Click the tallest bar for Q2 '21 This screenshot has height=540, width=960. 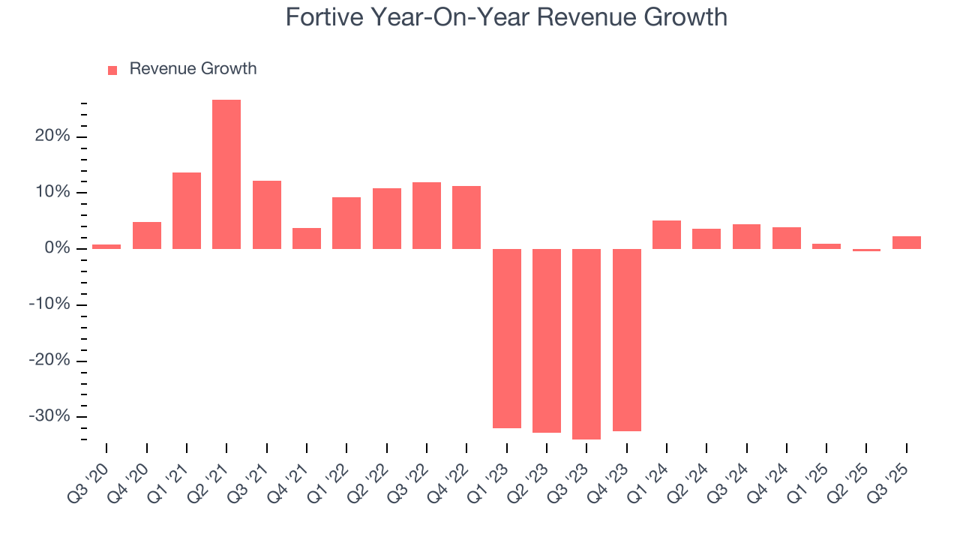click(226, 174)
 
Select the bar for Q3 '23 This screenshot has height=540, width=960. click(586, 343)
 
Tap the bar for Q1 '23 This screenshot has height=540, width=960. click(506, 338)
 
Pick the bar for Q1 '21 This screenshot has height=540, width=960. click(187, 211)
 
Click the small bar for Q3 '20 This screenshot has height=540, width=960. click(106, 246)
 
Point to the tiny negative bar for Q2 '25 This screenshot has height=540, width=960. click(866, 250)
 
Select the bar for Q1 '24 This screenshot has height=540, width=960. click(667, 235)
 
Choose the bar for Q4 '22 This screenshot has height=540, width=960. click(466, 217)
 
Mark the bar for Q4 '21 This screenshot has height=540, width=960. click(307, 238)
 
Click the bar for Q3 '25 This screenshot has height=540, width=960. click(906, 242)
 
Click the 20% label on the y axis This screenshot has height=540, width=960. click(51, 136)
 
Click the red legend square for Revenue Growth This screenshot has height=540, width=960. click(112, 70)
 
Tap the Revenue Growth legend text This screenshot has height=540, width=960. click(193, 69)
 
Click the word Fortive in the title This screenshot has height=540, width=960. click(324, 17)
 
